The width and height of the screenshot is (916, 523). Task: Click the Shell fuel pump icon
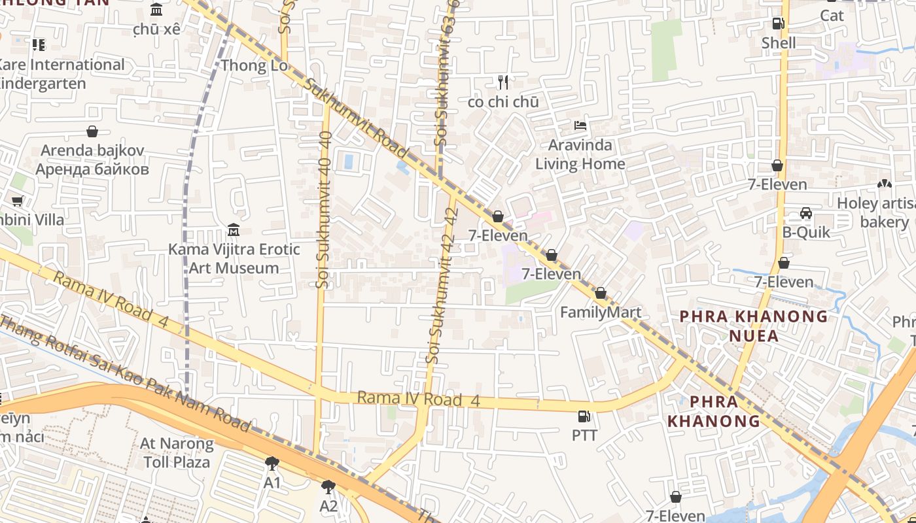[778, 24]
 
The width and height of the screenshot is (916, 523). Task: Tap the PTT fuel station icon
[584, 416]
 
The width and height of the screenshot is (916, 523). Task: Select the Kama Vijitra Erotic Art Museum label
[234, 258]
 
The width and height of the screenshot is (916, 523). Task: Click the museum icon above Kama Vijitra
[234, 230]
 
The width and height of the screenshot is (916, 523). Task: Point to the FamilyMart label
[601, 312]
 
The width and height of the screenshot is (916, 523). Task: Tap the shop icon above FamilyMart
[601, 294]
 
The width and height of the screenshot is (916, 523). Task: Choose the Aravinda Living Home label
[580, 154]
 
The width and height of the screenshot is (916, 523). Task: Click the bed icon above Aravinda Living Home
[580, 126]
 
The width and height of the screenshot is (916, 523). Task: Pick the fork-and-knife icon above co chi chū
[503, 82]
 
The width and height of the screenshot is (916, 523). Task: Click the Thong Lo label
[254, 65]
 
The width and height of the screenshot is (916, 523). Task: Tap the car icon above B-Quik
[806, 214]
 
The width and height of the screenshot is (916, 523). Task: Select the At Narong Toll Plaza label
[177, 452]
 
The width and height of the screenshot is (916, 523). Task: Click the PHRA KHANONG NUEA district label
[754, 326]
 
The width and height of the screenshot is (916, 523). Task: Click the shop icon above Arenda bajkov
[92, 131]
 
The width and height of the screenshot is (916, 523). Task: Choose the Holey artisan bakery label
[877, 212]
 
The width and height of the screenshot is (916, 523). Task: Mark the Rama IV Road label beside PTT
[419, 399]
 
